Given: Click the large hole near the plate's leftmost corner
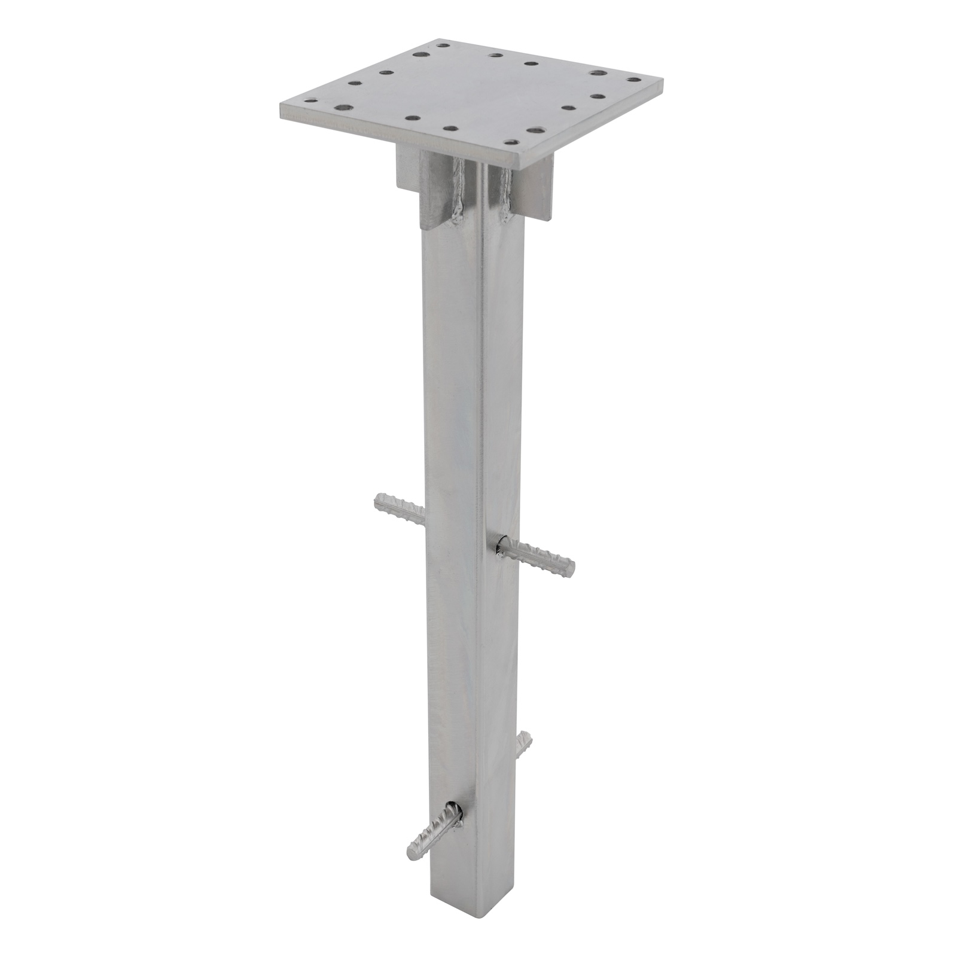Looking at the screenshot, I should pos(343,108).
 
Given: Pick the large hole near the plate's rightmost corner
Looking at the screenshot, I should pos(596,73).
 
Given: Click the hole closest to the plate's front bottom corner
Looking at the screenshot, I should pos(510,142).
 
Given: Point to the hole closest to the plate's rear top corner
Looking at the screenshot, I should pos(443,44).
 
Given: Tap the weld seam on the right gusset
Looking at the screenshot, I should pos(507,194).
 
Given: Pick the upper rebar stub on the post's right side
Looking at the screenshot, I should pos(538,555).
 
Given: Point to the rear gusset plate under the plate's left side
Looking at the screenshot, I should pos(407,170).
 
